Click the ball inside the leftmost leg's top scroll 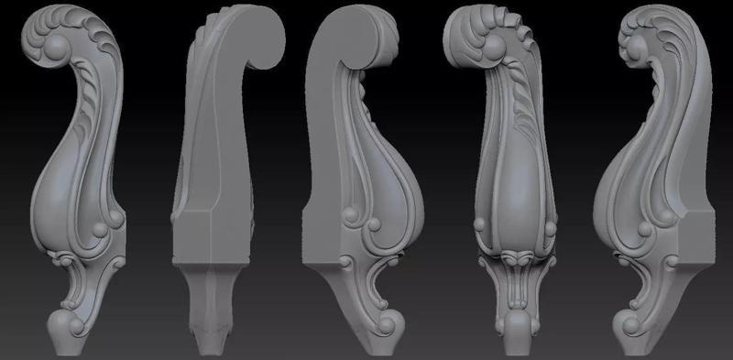(x=56, y=48)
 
